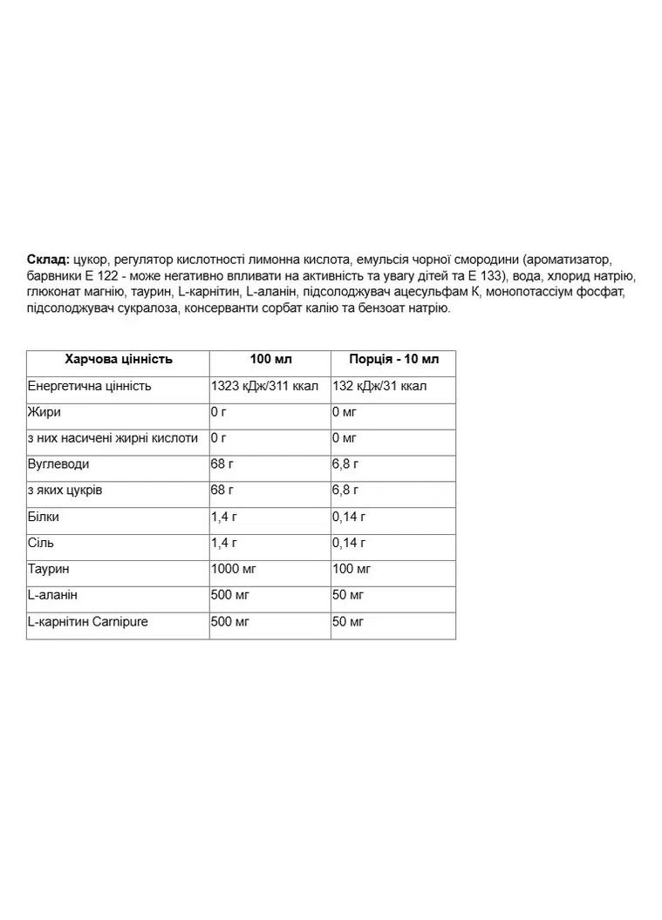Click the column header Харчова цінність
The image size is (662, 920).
119,360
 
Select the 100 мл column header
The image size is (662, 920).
270,360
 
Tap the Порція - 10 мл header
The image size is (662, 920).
393,360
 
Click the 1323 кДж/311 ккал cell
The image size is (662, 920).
264,386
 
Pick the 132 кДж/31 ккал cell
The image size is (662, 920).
379,386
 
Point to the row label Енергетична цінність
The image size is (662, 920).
90,386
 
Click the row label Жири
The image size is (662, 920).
44,412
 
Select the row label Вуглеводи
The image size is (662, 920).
58,464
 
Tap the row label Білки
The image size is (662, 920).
44,517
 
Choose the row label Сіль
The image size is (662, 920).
41,543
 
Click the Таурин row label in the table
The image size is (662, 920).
49,569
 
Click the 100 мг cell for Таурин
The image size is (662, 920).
351,569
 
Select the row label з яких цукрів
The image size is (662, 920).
65,490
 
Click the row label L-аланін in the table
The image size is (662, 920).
52,595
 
